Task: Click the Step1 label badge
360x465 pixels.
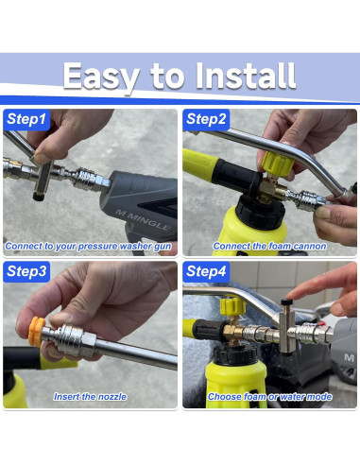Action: click(x=26, y=119)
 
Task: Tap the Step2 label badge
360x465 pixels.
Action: click(x=206, y=119)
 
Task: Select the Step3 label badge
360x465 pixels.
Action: click(x=26, y=271)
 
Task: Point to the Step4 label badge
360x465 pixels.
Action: click(x=206, y=271)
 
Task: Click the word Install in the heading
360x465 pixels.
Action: click(x=246, y=76)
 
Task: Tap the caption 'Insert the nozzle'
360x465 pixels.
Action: click(x=90, y=397)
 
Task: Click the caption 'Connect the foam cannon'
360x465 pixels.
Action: click(x=269, y=246)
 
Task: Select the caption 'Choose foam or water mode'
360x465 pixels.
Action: click(x=269, y=397)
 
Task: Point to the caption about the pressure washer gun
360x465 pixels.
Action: click(x=89, y=247)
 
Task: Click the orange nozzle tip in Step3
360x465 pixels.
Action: click(x=36, y=332)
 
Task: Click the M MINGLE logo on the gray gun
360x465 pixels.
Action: click(x=144, y=219)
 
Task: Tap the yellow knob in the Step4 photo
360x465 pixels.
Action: click(x=232, y=306)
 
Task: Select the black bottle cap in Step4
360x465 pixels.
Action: click(x=235, y=355)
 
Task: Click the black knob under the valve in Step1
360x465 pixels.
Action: click(x=39, y=197)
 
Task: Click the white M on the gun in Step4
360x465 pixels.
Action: click(x=350, y=357)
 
